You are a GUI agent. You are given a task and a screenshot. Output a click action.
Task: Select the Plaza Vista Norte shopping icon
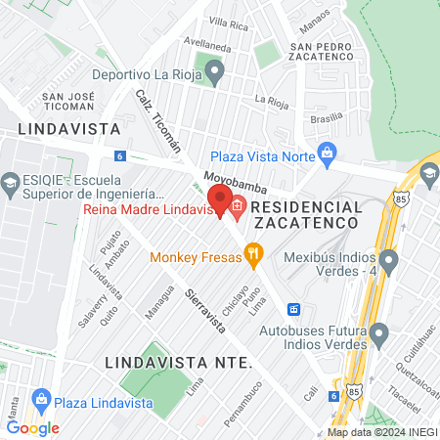point(327,152)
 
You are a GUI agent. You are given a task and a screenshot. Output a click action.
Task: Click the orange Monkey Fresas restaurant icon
point(254,256)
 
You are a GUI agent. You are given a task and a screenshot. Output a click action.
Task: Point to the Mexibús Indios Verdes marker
point(389,261)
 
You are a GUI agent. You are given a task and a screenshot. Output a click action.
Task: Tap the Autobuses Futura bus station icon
point(292,310)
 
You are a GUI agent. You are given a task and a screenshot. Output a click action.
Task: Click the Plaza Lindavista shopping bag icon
point(41,399)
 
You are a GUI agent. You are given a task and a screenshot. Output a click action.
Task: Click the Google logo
point(32,427)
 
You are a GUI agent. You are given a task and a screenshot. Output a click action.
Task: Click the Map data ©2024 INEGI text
point(380,432)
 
